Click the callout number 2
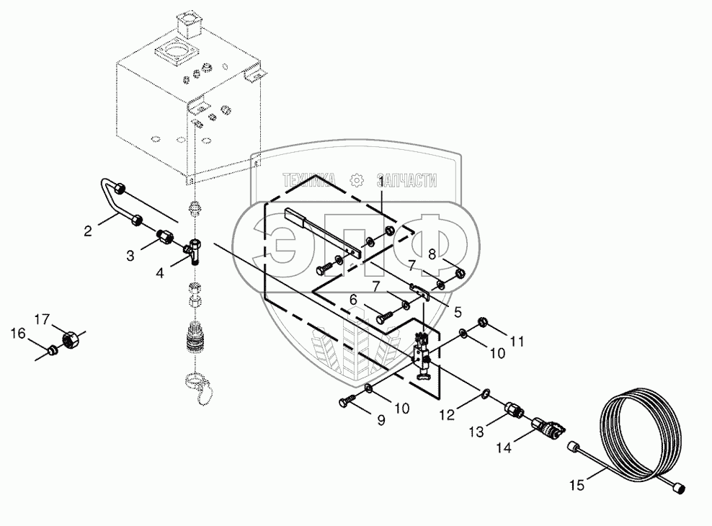88,231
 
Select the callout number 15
577,486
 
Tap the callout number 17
42,319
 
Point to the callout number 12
447,414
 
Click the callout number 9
381,420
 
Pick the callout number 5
458,312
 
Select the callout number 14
504,448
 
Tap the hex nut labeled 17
71,338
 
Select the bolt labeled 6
384,316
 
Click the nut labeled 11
483,323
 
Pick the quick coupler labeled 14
548,427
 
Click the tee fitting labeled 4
194,252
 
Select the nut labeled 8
459,273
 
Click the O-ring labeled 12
486,393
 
